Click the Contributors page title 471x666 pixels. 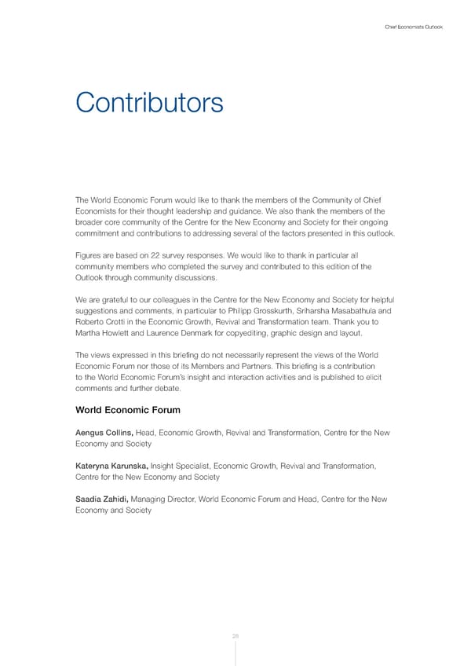pyautogui.click(x=149, y=102)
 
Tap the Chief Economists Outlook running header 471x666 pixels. pyautogui.click(x=414, y=27)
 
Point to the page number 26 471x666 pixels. pyautogui.click(x=235, y=635)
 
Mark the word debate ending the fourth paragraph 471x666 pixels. pyautogui.click(x=167, y=388)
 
